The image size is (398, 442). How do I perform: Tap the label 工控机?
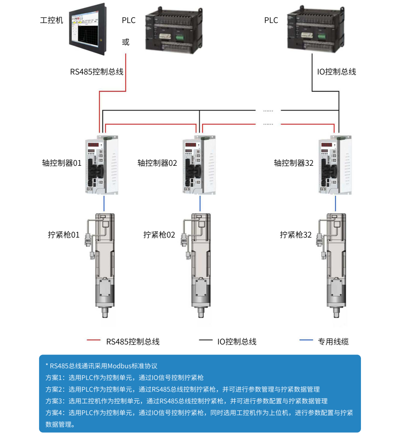pyautogui.click(x=52, y=20)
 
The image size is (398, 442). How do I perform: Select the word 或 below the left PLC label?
pyautogui.click(x=126, y=42)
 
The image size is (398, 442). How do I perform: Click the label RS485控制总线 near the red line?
pyautogui.click(x=97, y=72)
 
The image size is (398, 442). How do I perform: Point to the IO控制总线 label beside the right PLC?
pyautogui.click(x=336, y=72)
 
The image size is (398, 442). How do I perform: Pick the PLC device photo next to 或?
pyautogui.click(x=174, y=30)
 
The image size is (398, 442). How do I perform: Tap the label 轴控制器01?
pyautogui.click(x=62, y=163)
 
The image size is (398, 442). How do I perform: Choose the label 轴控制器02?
pyautogui.click(x=157, y=163)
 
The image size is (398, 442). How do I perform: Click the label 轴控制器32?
pyautogui.click(x=293, y=163)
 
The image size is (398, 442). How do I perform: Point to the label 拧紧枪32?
pyautogui.click(x=296, y=235)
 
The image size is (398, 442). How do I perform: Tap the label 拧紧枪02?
pyautogui.click(x=159, y=235)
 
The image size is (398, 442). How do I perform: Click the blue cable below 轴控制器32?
pyautogui.click(x=336, y=203)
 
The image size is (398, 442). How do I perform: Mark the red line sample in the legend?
pyautogui.click(x=94, y=341)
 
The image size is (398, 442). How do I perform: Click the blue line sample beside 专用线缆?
pyautogui.click(x=306, y=341)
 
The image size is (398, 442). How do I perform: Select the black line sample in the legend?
pyautogui.click(x=206, y=341)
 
